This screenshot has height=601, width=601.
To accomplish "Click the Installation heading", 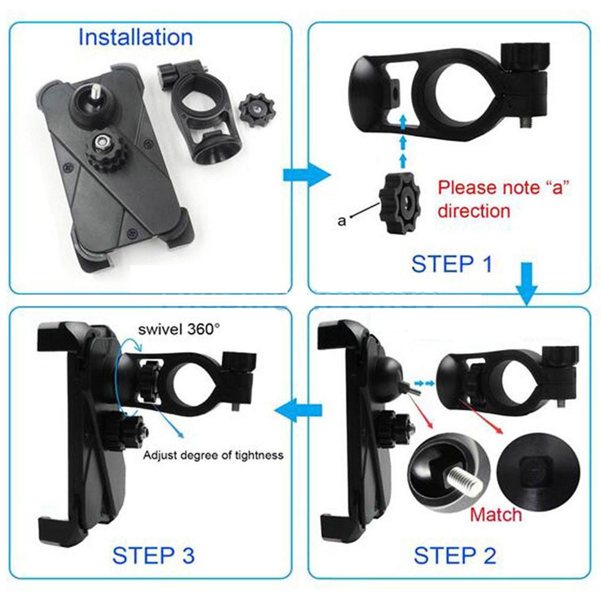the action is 136,38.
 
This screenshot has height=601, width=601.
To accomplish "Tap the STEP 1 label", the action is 451,264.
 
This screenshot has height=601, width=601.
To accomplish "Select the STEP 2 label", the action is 455,555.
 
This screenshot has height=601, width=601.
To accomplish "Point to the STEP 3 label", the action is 153,555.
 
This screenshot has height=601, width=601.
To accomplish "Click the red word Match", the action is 496,514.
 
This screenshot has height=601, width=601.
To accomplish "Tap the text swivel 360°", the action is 180,329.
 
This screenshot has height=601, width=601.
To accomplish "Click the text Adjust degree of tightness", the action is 213,455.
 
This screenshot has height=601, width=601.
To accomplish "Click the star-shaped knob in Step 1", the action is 400,203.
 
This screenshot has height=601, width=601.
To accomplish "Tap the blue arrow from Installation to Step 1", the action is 306,175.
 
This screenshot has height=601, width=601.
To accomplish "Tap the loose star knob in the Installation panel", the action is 257,110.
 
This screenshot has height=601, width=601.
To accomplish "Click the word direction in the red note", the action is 474,211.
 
